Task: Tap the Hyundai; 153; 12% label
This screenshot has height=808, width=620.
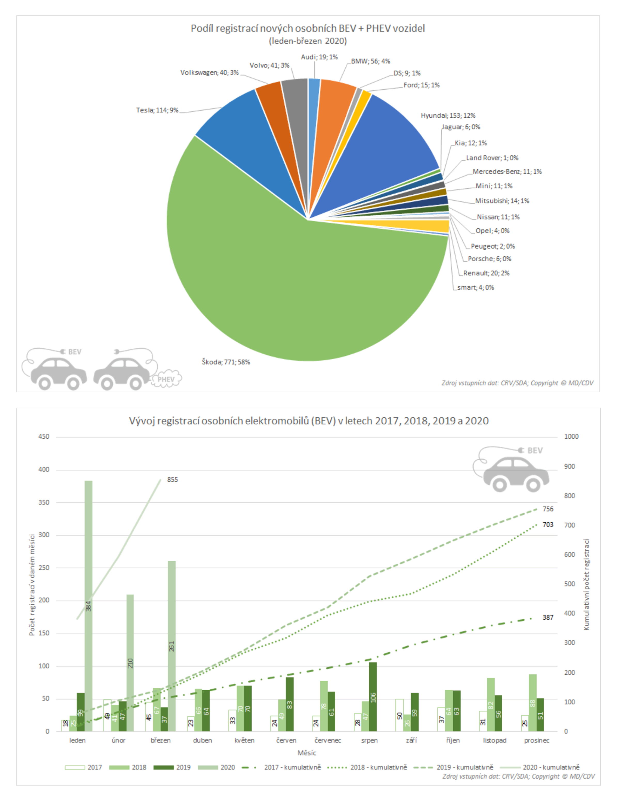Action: point(448,116)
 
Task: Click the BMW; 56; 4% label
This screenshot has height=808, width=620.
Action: point(370,61)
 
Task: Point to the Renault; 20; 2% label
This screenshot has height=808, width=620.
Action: point(486,273)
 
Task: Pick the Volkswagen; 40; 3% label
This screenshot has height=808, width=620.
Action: point(209,73)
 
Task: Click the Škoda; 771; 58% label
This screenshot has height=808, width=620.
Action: point(226,362)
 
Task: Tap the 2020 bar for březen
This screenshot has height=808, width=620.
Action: point(172,646)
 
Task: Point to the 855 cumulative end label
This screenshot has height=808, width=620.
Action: point(172,480)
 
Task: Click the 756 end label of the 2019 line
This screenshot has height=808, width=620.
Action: point(548,509)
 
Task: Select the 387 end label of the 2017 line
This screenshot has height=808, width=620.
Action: point(548,618)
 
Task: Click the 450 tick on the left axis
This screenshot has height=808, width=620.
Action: point(44,437)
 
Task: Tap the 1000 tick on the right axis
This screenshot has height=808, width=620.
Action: point(571,437)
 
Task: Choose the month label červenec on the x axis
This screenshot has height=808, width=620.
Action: point(328,741)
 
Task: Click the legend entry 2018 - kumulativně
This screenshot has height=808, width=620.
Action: point(378,767)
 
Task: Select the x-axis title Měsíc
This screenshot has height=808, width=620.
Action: point(307,753)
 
